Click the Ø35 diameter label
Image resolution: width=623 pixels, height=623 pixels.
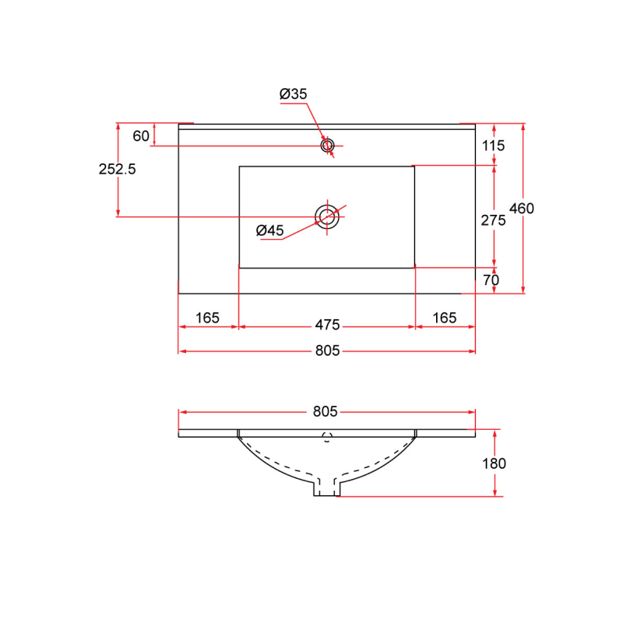coord(294,94)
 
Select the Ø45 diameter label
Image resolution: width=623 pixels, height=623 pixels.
coord(270,230)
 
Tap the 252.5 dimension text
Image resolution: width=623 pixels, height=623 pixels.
coord(118,169)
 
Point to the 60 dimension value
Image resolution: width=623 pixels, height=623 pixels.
coord(141,136)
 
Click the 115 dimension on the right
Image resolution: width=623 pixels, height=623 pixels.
coord(493,146)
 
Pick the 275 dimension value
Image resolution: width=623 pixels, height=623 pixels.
coord(493,220)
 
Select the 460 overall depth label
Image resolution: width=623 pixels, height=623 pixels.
coord(521,208)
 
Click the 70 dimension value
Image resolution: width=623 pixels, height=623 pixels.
coord(491,280)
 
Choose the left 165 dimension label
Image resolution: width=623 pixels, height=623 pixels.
coord(207,318)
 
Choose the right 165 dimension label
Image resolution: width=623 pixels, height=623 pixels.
coord(444,318)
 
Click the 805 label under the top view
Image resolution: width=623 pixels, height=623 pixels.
coord(327,351)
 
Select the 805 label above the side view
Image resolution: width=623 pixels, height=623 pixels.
coord(327,412)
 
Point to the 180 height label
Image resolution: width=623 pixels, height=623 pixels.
coord(494,463)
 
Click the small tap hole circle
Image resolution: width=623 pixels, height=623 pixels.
coord(328,145)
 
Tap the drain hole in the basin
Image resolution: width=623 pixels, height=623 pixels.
coord(327,216)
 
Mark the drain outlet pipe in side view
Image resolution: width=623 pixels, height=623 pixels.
coord(327,487)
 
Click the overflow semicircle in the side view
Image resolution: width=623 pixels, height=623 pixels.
coord(327,438)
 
